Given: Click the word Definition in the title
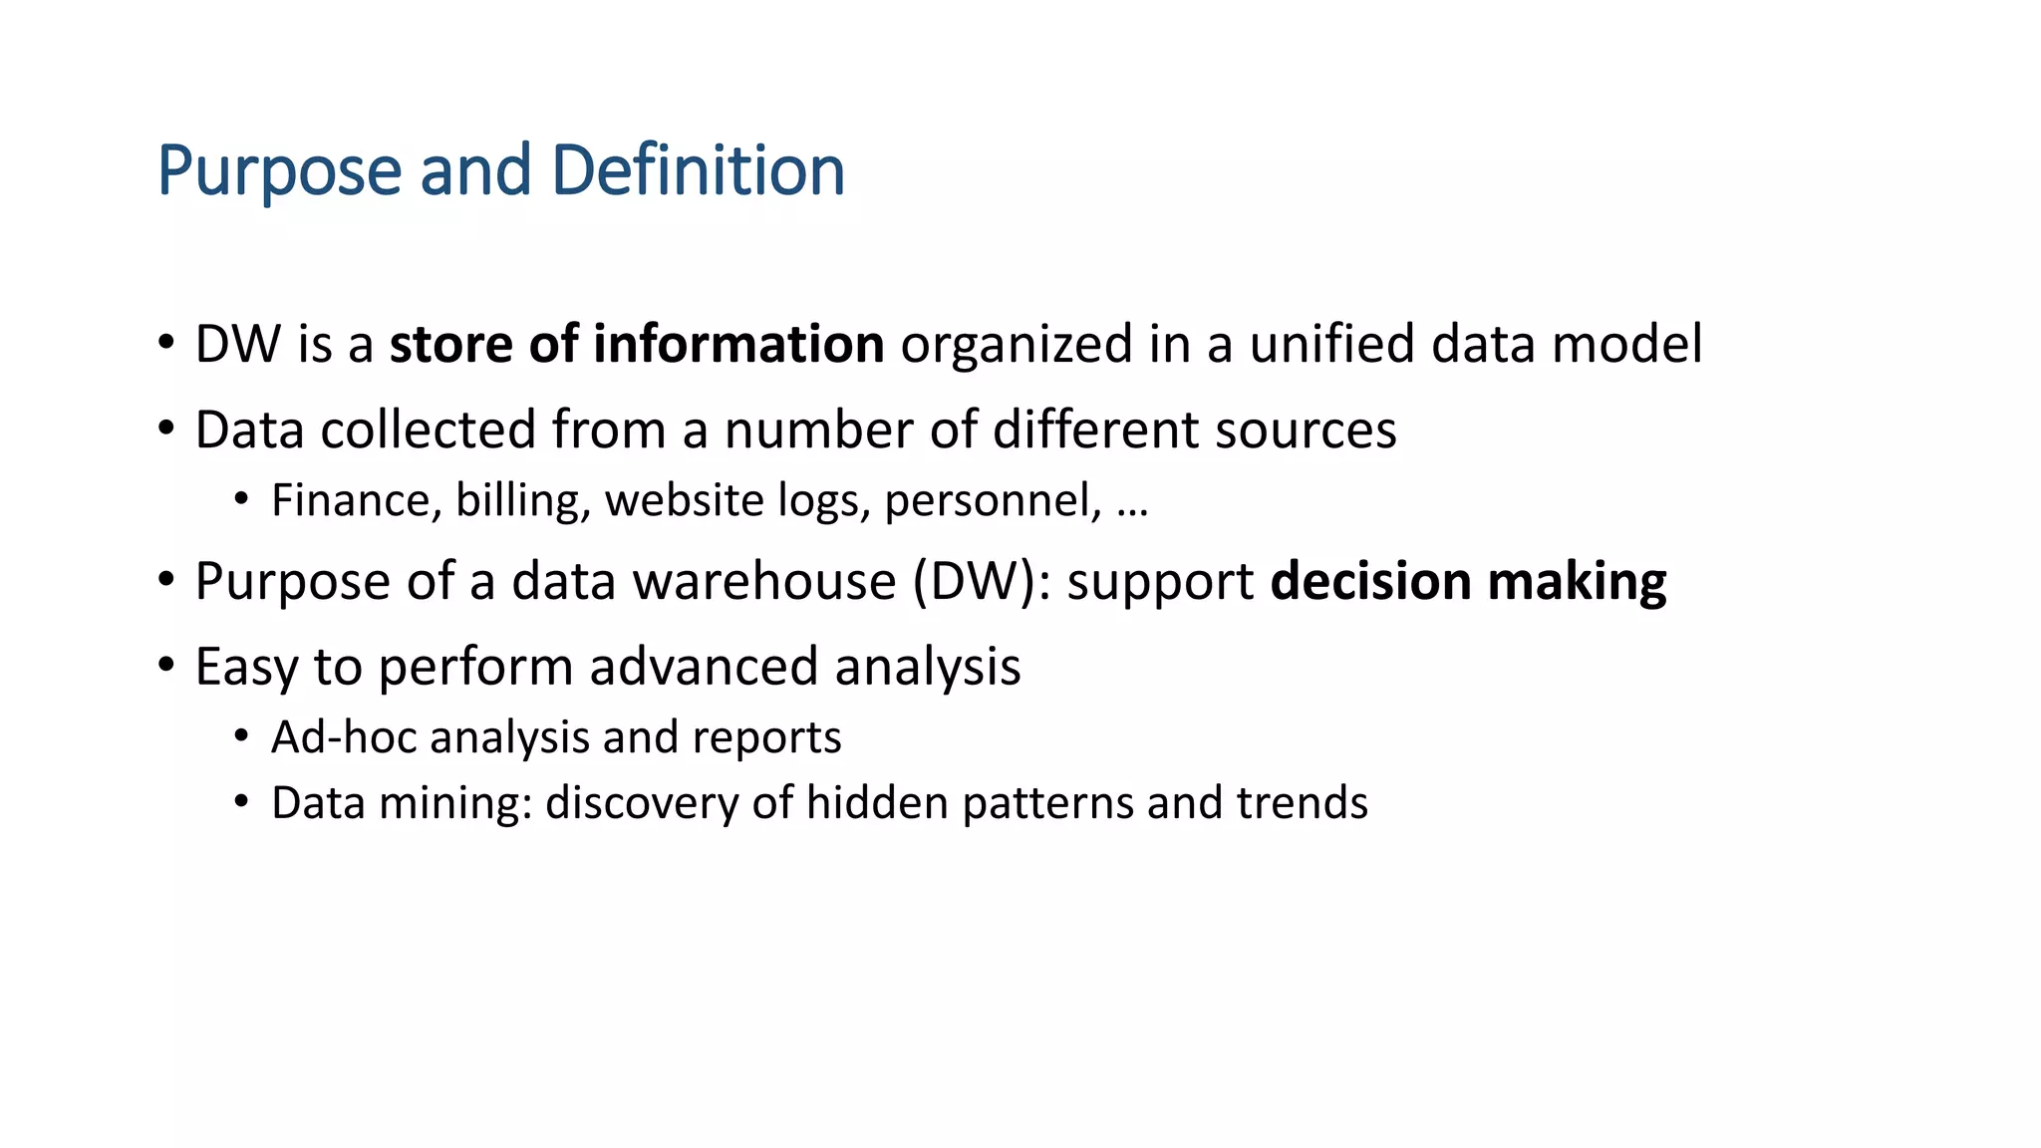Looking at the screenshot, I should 698,170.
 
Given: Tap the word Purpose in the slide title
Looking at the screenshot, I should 279,172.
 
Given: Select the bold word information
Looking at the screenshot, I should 738,344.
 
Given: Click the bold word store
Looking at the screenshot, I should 450,344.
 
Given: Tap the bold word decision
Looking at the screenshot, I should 1370,581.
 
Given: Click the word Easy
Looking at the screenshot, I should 245,668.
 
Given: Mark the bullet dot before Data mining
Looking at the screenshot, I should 241,802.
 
